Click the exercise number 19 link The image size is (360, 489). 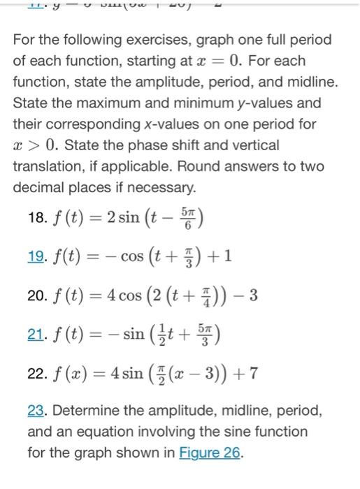click(36, 256)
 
